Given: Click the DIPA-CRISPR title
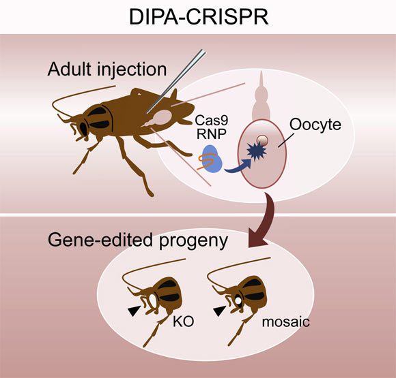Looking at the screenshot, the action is (x=199, y=16).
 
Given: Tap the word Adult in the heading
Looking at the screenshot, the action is (x=70, y=69).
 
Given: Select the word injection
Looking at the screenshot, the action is (x=132, y=70).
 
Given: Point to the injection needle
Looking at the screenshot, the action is (x=176, y=82).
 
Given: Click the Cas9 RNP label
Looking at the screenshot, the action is (x=212, y=127).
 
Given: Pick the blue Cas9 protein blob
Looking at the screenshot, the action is (x=212, y=159).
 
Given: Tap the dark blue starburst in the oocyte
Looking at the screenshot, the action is (x=256, y=151).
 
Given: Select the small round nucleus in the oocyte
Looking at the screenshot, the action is (x=262, y=140).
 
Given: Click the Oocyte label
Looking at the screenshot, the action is (x=315, y=125).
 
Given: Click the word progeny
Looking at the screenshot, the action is (x=193, y=241).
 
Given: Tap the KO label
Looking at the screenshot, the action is (x=184, y=321).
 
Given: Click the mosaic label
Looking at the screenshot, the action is (x=286, y=321).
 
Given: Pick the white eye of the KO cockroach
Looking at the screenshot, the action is (x=154, y=301).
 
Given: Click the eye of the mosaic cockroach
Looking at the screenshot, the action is (x=238, y=300).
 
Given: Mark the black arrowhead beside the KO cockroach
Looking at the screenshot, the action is (x=134, y=311).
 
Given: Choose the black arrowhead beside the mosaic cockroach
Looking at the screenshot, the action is (x=219, y=311).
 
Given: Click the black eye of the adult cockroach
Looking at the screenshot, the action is (x=83, y=129).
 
